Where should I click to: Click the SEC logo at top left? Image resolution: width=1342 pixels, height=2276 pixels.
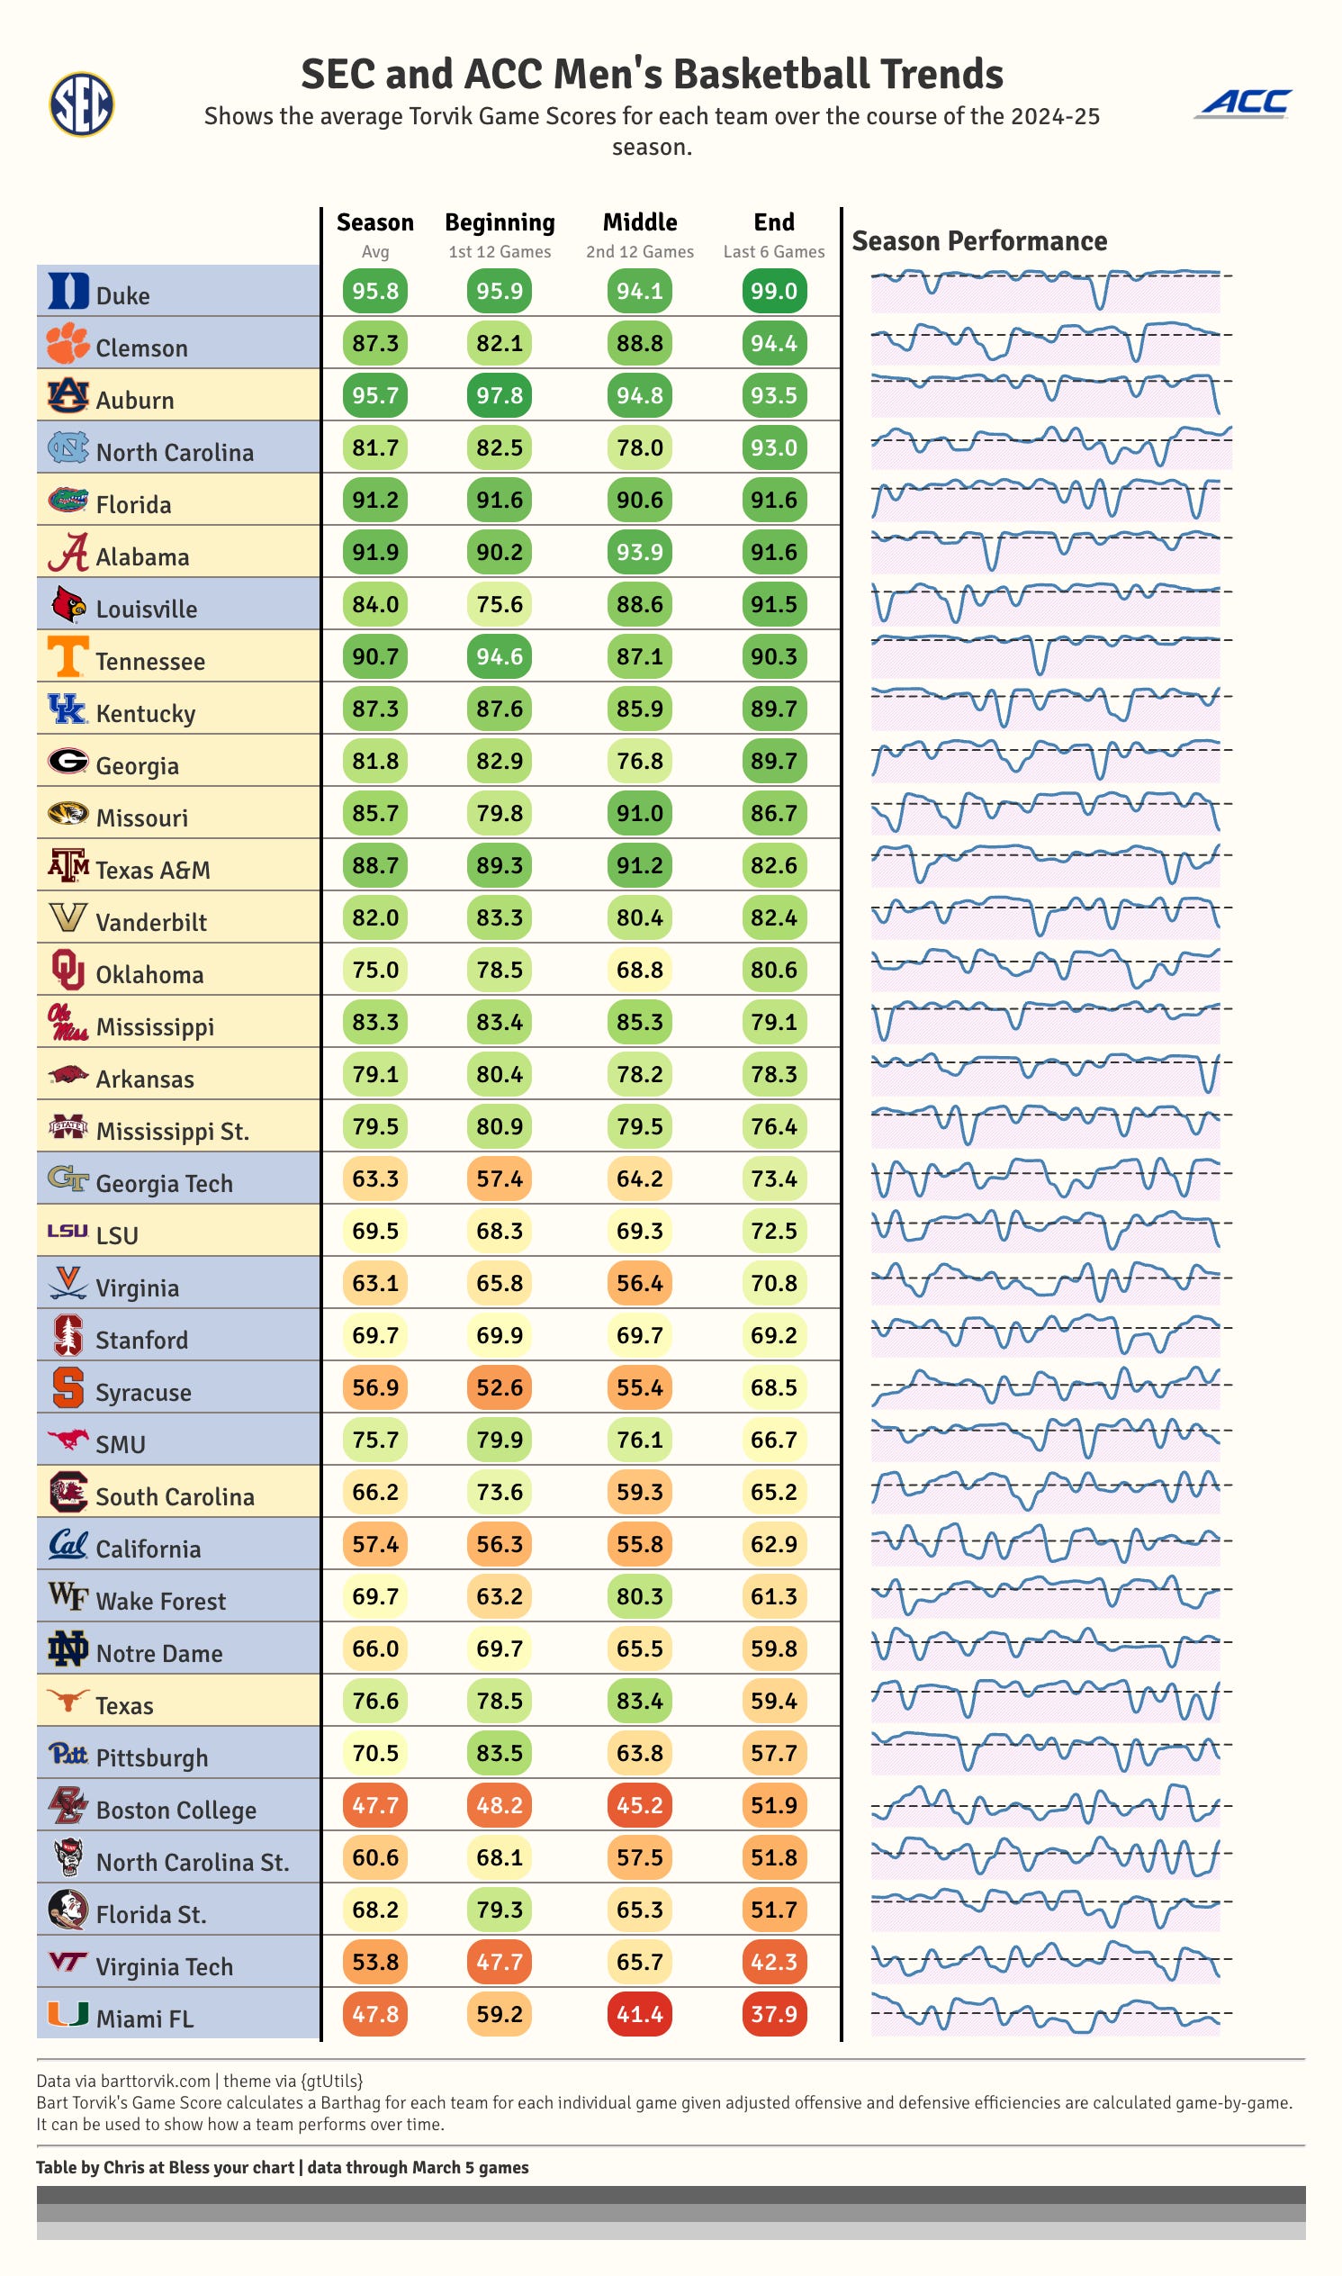tap(80, 104)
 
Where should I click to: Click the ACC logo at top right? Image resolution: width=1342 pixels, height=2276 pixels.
tap(1244, 104)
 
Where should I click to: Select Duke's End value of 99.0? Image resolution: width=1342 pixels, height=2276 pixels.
tap(773, 292)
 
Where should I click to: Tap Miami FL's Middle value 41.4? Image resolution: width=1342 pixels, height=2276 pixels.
tap(639, 2015)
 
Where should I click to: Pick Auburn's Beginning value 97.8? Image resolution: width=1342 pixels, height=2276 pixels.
tap(500, 395)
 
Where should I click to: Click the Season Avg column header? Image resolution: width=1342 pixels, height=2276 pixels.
tap(374, 222)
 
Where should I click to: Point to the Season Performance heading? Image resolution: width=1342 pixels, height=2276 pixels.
tap(978, 241)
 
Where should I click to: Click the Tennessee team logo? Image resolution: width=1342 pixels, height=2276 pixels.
tap(68, 656)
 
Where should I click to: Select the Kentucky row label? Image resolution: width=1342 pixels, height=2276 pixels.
tap(146, 714)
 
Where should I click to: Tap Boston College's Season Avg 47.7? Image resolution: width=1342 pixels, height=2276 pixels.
tap(374, 1806)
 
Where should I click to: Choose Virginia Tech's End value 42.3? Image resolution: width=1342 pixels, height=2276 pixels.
tap(773, 1962)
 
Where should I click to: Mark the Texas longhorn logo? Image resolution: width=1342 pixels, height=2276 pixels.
tap(68, 1701)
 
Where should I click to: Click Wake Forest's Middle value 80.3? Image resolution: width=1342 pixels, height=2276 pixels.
tap(639, 1596)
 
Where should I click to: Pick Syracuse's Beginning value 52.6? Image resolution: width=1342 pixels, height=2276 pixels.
tap(500, 1387)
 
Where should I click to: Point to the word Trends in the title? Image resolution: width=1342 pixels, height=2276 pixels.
tap(941, 74)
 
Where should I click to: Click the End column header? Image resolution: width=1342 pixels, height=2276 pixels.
tap(773, 222)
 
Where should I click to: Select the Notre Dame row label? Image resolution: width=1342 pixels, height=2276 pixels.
tap(159, 1654)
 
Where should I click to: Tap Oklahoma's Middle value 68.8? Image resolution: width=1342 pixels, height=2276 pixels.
tap(639, 970)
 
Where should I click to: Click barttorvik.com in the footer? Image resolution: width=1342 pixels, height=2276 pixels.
tap(155, 2082)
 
